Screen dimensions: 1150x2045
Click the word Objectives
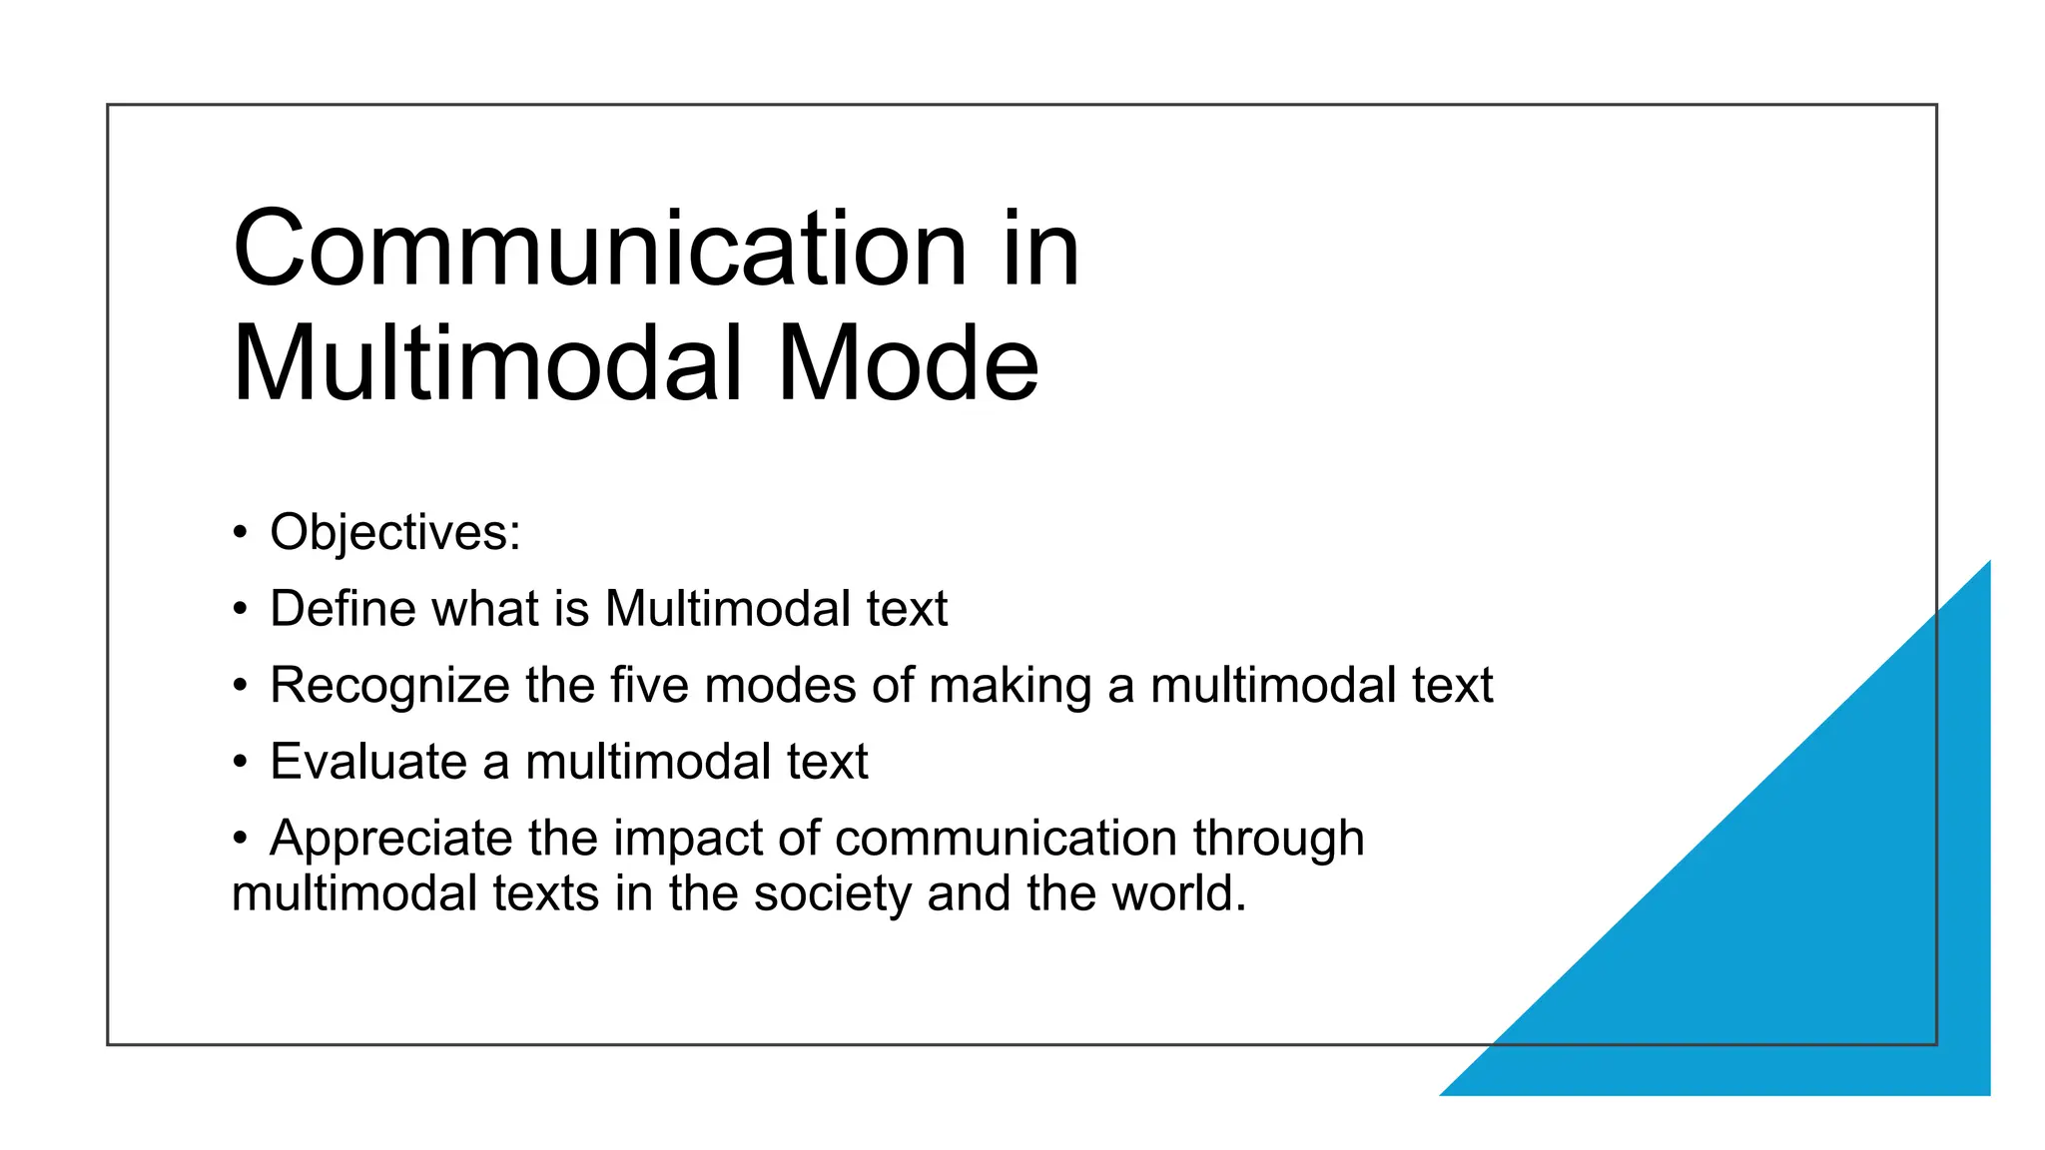pyautogui.click(x=394, y=532)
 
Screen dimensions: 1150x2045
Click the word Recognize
pyautogui.click(x=389, y=686)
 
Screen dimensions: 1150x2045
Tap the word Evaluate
pyautogui.click(x=368, y=762)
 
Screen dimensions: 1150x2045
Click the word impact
pyautogui.click(x=688, y=839)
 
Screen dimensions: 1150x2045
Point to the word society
pyautogui.click(x=833, y=893)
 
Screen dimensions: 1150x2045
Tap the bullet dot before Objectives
pyautogui.click(x=240, y=532)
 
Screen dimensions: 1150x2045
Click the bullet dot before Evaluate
pyautogui.click(x=240, y=762)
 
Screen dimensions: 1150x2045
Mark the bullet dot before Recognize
pyautogui.click(x=240, y=686)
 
